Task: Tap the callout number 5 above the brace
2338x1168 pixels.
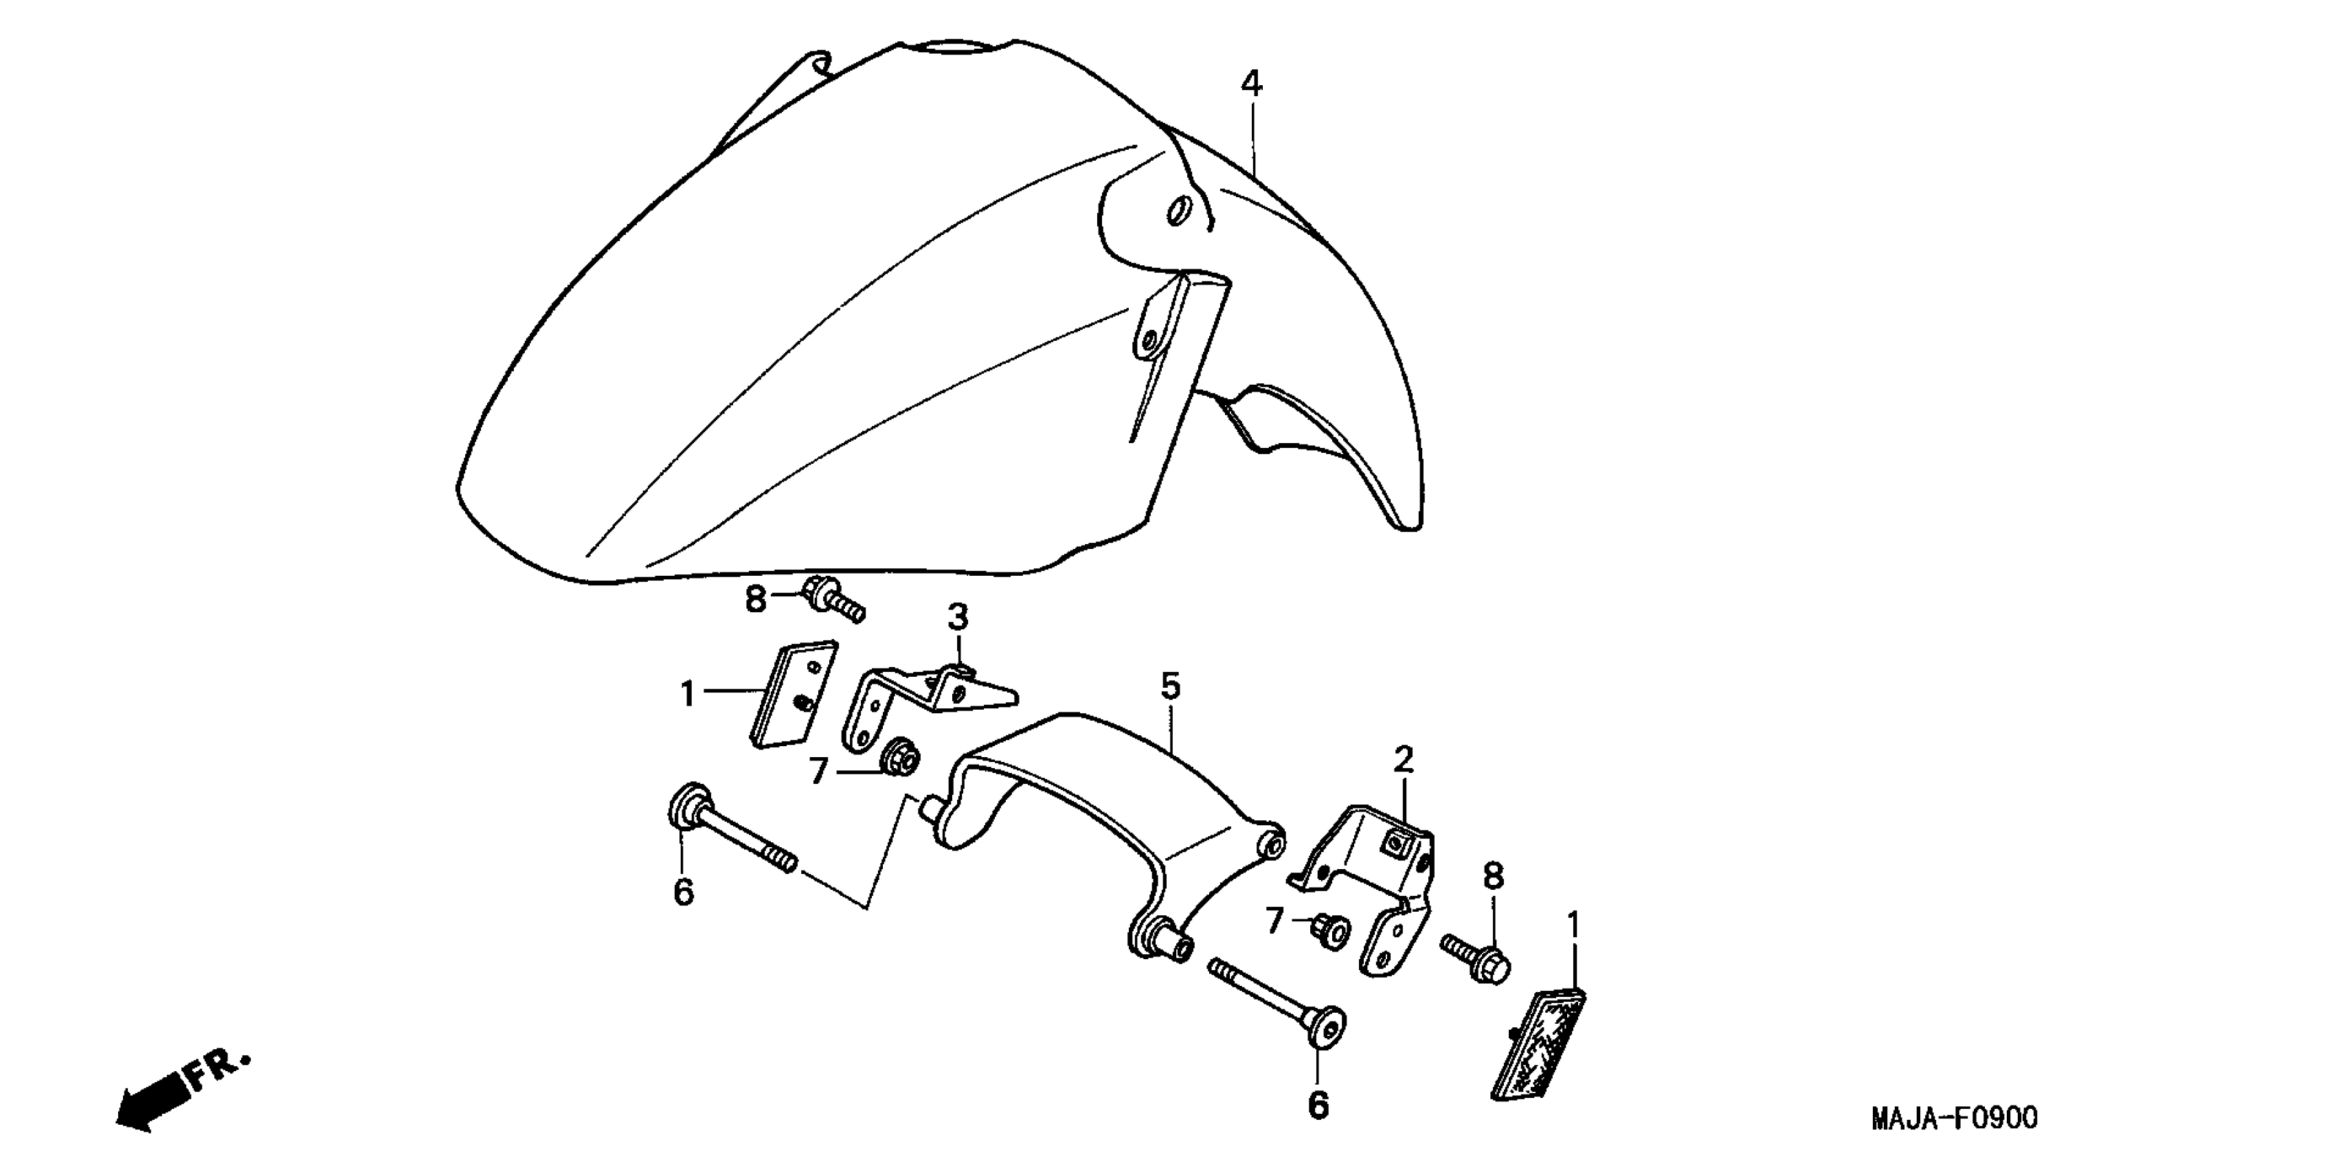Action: coord(1170,687)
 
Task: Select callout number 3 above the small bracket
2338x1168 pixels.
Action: coord(958,618)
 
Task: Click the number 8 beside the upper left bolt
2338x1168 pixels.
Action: coord(755,600)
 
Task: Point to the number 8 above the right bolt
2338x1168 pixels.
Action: coord(1493,877)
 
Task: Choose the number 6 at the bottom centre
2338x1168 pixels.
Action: coord(1318,1105)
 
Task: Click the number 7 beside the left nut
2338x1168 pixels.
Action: coord(819,772)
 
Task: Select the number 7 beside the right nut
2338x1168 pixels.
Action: coord(1275,923)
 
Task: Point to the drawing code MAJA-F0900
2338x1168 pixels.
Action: coord(1954,1118)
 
